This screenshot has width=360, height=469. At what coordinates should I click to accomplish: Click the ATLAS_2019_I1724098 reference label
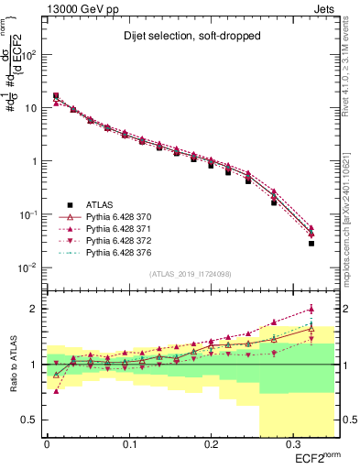coord(191,274)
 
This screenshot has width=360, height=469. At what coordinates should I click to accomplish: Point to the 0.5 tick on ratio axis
coord(34,420)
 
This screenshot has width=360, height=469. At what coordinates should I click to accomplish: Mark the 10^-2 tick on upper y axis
coord(30,267)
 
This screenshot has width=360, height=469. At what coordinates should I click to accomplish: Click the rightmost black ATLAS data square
coord(311,244)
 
